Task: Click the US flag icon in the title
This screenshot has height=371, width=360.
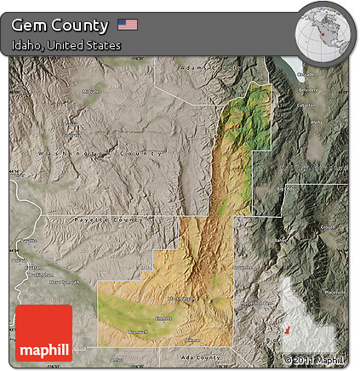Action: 128,24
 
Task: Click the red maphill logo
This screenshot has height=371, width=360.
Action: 44,333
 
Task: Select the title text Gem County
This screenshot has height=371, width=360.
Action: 60,25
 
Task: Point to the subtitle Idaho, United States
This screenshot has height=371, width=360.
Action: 66,44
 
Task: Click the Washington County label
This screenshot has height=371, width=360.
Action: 99,154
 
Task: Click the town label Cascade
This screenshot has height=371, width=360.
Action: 306,74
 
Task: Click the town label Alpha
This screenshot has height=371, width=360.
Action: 317,121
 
